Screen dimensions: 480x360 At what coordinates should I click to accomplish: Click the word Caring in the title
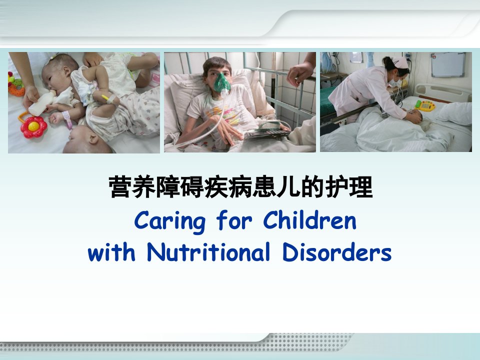click(x=169, y=221)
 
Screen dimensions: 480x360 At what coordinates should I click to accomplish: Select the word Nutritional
click(x=208, y=252)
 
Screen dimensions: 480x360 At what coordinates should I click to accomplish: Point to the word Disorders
click(x=336, y=252)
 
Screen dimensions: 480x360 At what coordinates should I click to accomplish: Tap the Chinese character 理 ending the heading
click(x=361, y=186)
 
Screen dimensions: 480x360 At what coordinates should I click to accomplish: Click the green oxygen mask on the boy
click(x=222, y=83)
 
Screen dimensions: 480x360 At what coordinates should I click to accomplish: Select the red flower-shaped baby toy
click(x=33, y=126)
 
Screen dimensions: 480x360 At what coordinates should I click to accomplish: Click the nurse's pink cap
click(x=400, y=62)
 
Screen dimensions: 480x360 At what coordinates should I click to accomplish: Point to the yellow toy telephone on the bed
click(x=425, y=105)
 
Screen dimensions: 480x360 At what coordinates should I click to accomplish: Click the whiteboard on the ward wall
click(x=448, y=64)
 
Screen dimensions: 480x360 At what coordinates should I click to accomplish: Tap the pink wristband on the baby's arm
click(x=67, y=119)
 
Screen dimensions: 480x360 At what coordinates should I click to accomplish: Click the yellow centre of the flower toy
click(x=33, y=126)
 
